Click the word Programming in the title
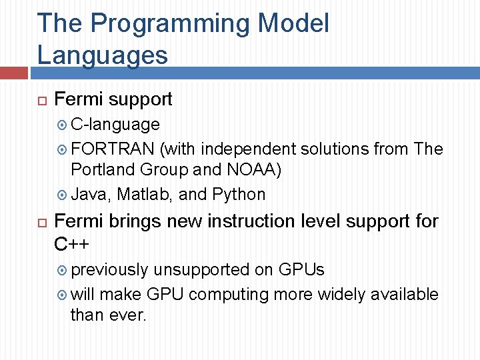[170, 24]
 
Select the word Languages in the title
[103, 54]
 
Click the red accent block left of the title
[13, 72]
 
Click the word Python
[239, 195]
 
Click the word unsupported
[201, 269]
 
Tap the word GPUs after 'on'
[301, 269]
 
